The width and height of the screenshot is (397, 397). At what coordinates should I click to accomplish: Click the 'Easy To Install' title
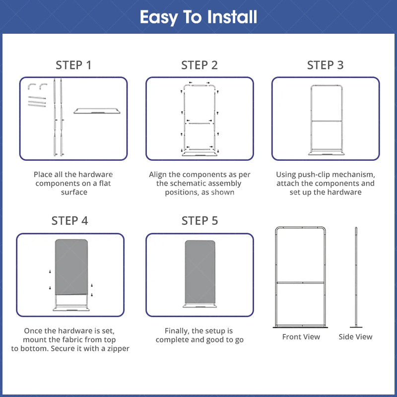[198, 17]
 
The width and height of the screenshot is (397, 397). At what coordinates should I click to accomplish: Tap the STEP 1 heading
[73, 65]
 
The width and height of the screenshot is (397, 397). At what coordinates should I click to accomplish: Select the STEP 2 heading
[199, 65]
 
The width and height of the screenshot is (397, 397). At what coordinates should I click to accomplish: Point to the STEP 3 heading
[326, 65]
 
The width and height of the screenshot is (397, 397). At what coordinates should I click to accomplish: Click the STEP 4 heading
[69, 220]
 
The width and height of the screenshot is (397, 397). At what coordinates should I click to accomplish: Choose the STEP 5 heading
[200, 220]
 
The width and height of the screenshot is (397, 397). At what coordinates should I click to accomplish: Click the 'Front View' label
[301, 337]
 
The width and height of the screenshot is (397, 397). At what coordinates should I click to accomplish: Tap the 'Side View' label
[355, 337]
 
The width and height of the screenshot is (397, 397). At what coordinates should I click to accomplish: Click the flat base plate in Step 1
[97, 111]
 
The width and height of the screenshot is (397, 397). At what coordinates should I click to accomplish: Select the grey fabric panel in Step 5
[200, 271]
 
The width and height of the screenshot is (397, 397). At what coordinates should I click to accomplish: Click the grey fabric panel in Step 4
[71, 267]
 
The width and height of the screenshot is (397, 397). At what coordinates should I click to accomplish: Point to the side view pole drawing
[356, 277]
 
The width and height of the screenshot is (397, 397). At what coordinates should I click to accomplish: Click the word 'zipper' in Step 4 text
[118, 349]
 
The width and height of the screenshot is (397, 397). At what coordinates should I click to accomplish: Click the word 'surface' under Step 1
[74, 192]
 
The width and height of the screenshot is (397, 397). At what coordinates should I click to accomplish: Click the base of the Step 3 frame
[327, 153]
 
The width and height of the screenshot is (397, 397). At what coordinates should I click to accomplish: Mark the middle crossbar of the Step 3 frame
[327, 121]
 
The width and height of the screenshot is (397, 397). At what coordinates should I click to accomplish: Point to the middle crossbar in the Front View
[301, 282]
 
